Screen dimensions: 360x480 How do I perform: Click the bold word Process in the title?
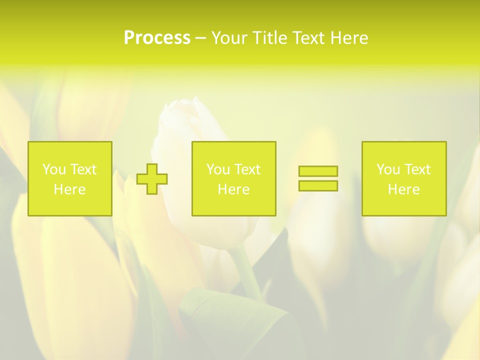click(x=157, y=38)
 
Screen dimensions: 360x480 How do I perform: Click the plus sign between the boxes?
click(x=152, y=178)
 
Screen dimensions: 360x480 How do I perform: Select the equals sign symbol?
click(x=318, y=178)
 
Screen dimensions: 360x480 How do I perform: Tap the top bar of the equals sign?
click(x=318, y=171)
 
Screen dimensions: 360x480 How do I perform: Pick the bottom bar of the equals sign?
click(x=318, y=185)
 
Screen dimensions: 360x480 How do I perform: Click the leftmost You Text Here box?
click(x=70, y=178)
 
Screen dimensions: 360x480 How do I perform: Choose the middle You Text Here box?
click(x=233, y=178)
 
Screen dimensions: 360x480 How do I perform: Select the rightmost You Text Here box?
click(x=404, y=178)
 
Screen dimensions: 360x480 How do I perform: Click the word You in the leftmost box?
click(x=54, y=169)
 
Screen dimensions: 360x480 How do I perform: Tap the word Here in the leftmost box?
click(x=69, y=189)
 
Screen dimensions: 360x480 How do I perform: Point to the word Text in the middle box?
click(x=247, y=169)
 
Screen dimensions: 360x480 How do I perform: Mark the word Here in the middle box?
click(x=233, y=189)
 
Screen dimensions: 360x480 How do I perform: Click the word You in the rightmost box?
click(x=388, y=169)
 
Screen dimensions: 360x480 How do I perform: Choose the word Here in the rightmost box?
click(x=403, y=189)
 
